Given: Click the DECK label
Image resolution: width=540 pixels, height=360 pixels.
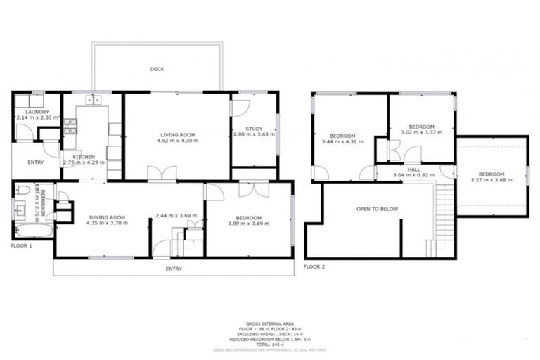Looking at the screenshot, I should tap(157, 69).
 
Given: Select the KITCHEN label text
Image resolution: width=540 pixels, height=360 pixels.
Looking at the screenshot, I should tap(74, 156).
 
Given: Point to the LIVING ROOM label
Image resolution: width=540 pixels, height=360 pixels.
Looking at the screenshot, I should tap(177, 134).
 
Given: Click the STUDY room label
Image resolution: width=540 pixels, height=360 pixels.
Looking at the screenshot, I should tap(253, 128).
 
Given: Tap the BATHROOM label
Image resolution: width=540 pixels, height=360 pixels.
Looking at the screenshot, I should tap(41, 200).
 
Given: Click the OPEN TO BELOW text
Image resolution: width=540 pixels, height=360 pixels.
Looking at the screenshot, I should tap(373, 209).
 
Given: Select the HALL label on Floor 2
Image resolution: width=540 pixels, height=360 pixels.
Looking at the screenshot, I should tap(413, 168).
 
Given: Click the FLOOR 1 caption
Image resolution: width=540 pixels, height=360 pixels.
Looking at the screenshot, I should tap(22, 246).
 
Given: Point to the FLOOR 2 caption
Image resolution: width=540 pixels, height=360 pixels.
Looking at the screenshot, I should tap(314, 267).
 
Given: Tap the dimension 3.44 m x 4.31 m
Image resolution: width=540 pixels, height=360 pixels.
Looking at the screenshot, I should tap(342, 142).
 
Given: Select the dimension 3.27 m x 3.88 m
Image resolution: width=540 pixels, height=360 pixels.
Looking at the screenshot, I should tap(491, 181).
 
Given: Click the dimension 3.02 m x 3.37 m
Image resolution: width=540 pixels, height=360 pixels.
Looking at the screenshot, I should tap(421, 131).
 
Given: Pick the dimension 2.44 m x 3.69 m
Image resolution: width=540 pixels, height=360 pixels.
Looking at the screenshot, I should tap(176, 215).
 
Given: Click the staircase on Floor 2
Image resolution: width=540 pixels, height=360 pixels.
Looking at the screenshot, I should tap(443, 214).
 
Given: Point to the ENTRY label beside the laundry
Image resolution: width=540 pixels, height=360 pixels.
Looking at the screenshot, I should tap(35, 162).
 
